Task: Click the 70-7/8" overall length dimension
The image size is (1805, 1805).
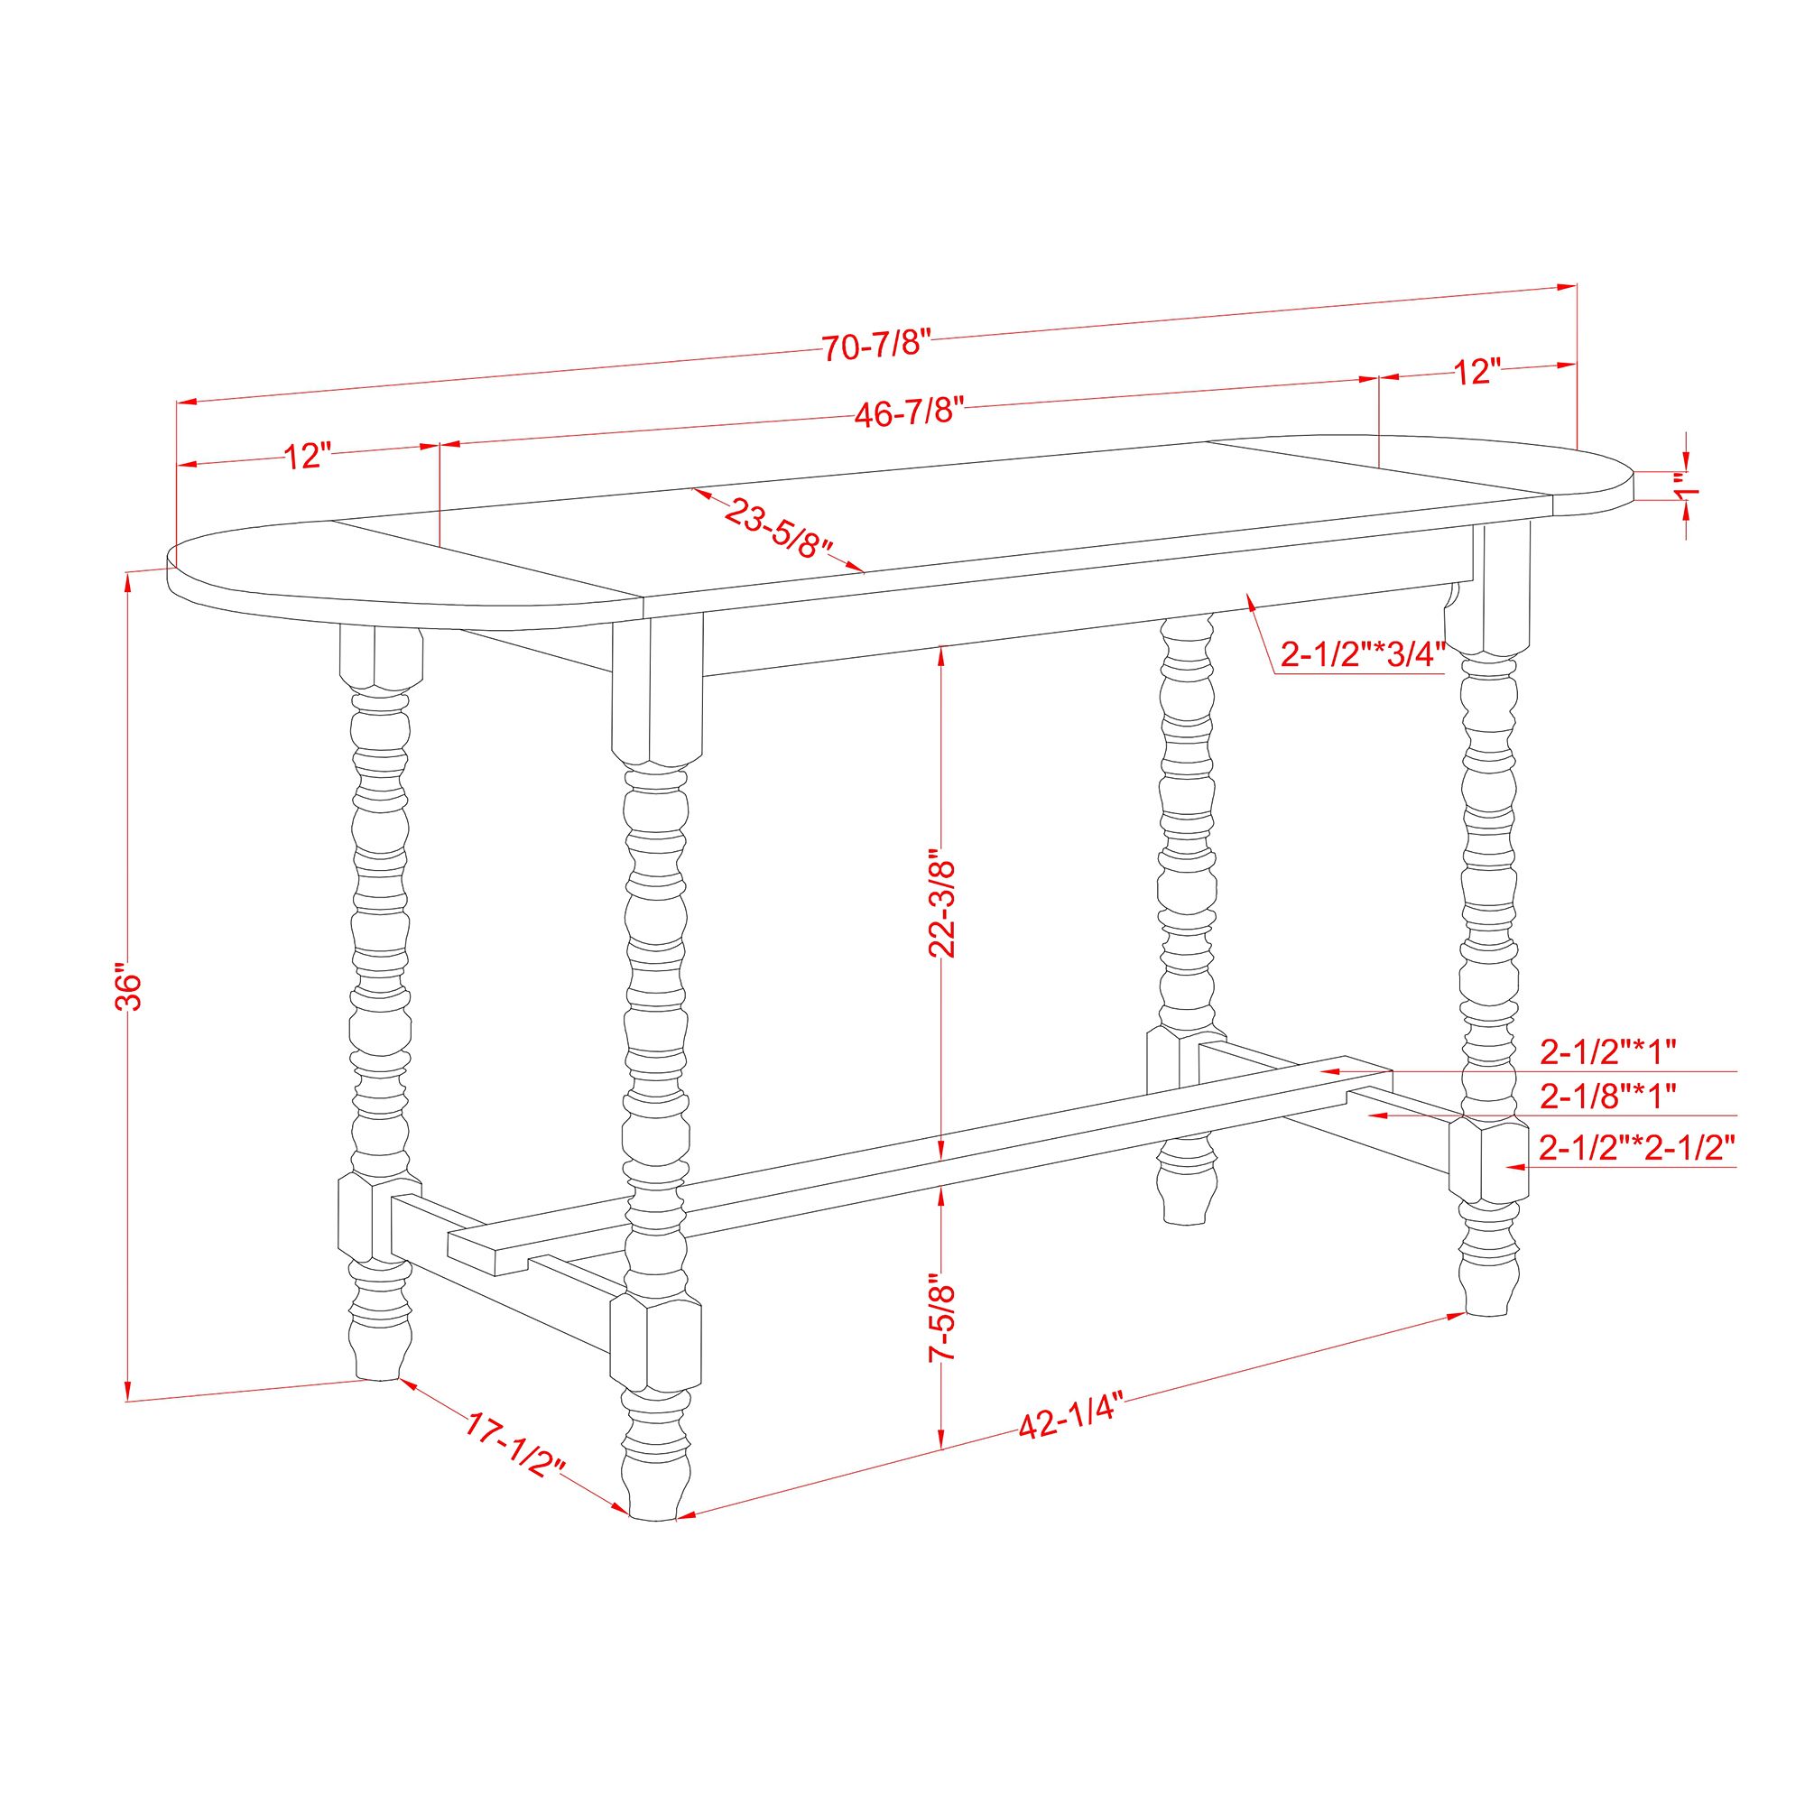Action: (877, 346)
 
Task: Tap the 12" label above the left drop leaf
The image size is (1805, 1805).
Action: (309, 457)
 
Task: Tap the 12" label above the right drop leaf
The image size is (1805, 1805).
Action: (1476, 372)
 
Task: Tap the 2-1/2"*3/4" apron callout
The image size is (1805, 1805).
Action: (1363, 654)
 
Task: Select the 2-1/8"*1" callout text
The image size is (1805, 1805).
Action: (1609, 1095)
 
